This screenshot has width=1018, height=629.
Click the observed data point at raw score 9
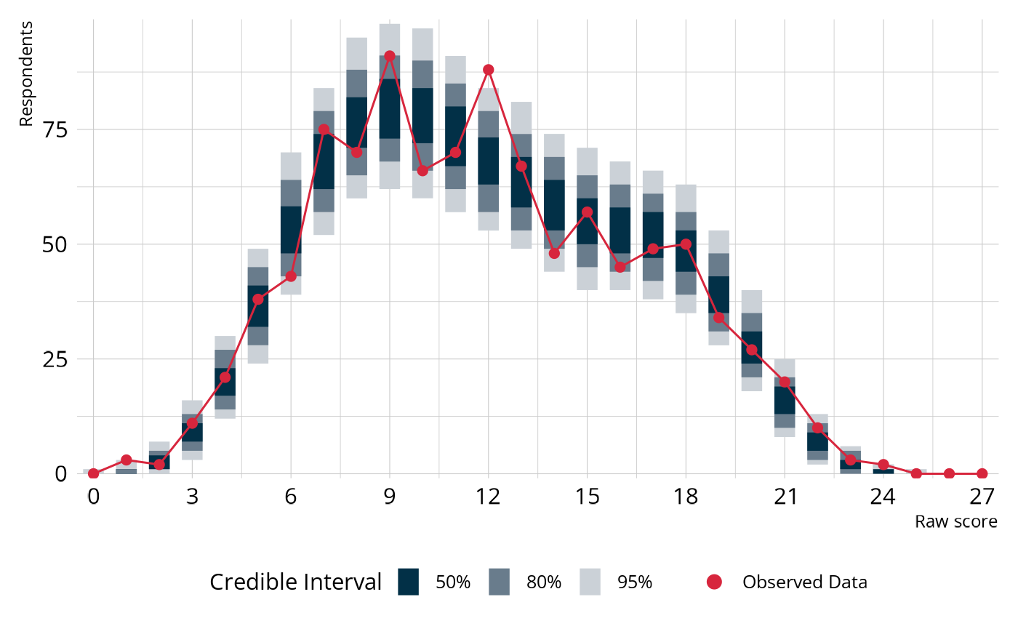tap(390, 56)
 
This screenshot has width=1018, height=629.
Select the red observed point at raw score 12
tap(489, 70)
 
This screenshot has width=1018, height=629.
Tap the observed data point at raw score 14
tap(554, 253)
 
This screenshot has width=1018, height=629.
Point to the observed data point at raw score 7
tap(324, 129)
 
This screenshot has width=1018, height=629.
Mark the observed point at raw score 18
tap(686, 244)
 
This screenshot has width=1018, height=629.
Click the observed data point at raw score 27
tap(982, 473)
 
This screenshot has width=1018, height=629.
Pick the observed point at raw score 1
tap(126, 460)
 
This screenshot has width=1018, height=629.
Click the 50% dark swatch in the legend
tap(409, 582)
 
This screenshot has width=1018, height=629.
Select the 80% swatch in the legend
tap(500, 582)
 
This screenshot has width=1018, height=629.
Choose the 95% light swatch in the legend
tap(590, 582)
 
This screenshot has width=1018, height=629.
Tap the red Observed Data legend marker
tap(714, 582)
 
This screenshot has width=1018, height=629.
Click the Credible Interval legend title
tap(295, 582)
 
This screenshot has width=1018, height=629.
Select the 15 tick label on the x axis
tap(587, 497)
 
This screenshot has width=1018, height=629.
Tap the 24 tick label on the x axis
tap(883, 497)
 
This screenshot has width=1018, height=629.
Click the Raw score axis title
tap(955, 521)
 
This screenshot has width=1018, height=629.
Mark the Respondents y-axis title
tap(26, 73)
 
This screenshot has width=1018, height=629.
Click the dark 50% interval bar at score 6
tap(291, 230)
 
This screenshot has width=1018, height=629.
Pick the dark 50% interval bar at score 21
tap(785, 400)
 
